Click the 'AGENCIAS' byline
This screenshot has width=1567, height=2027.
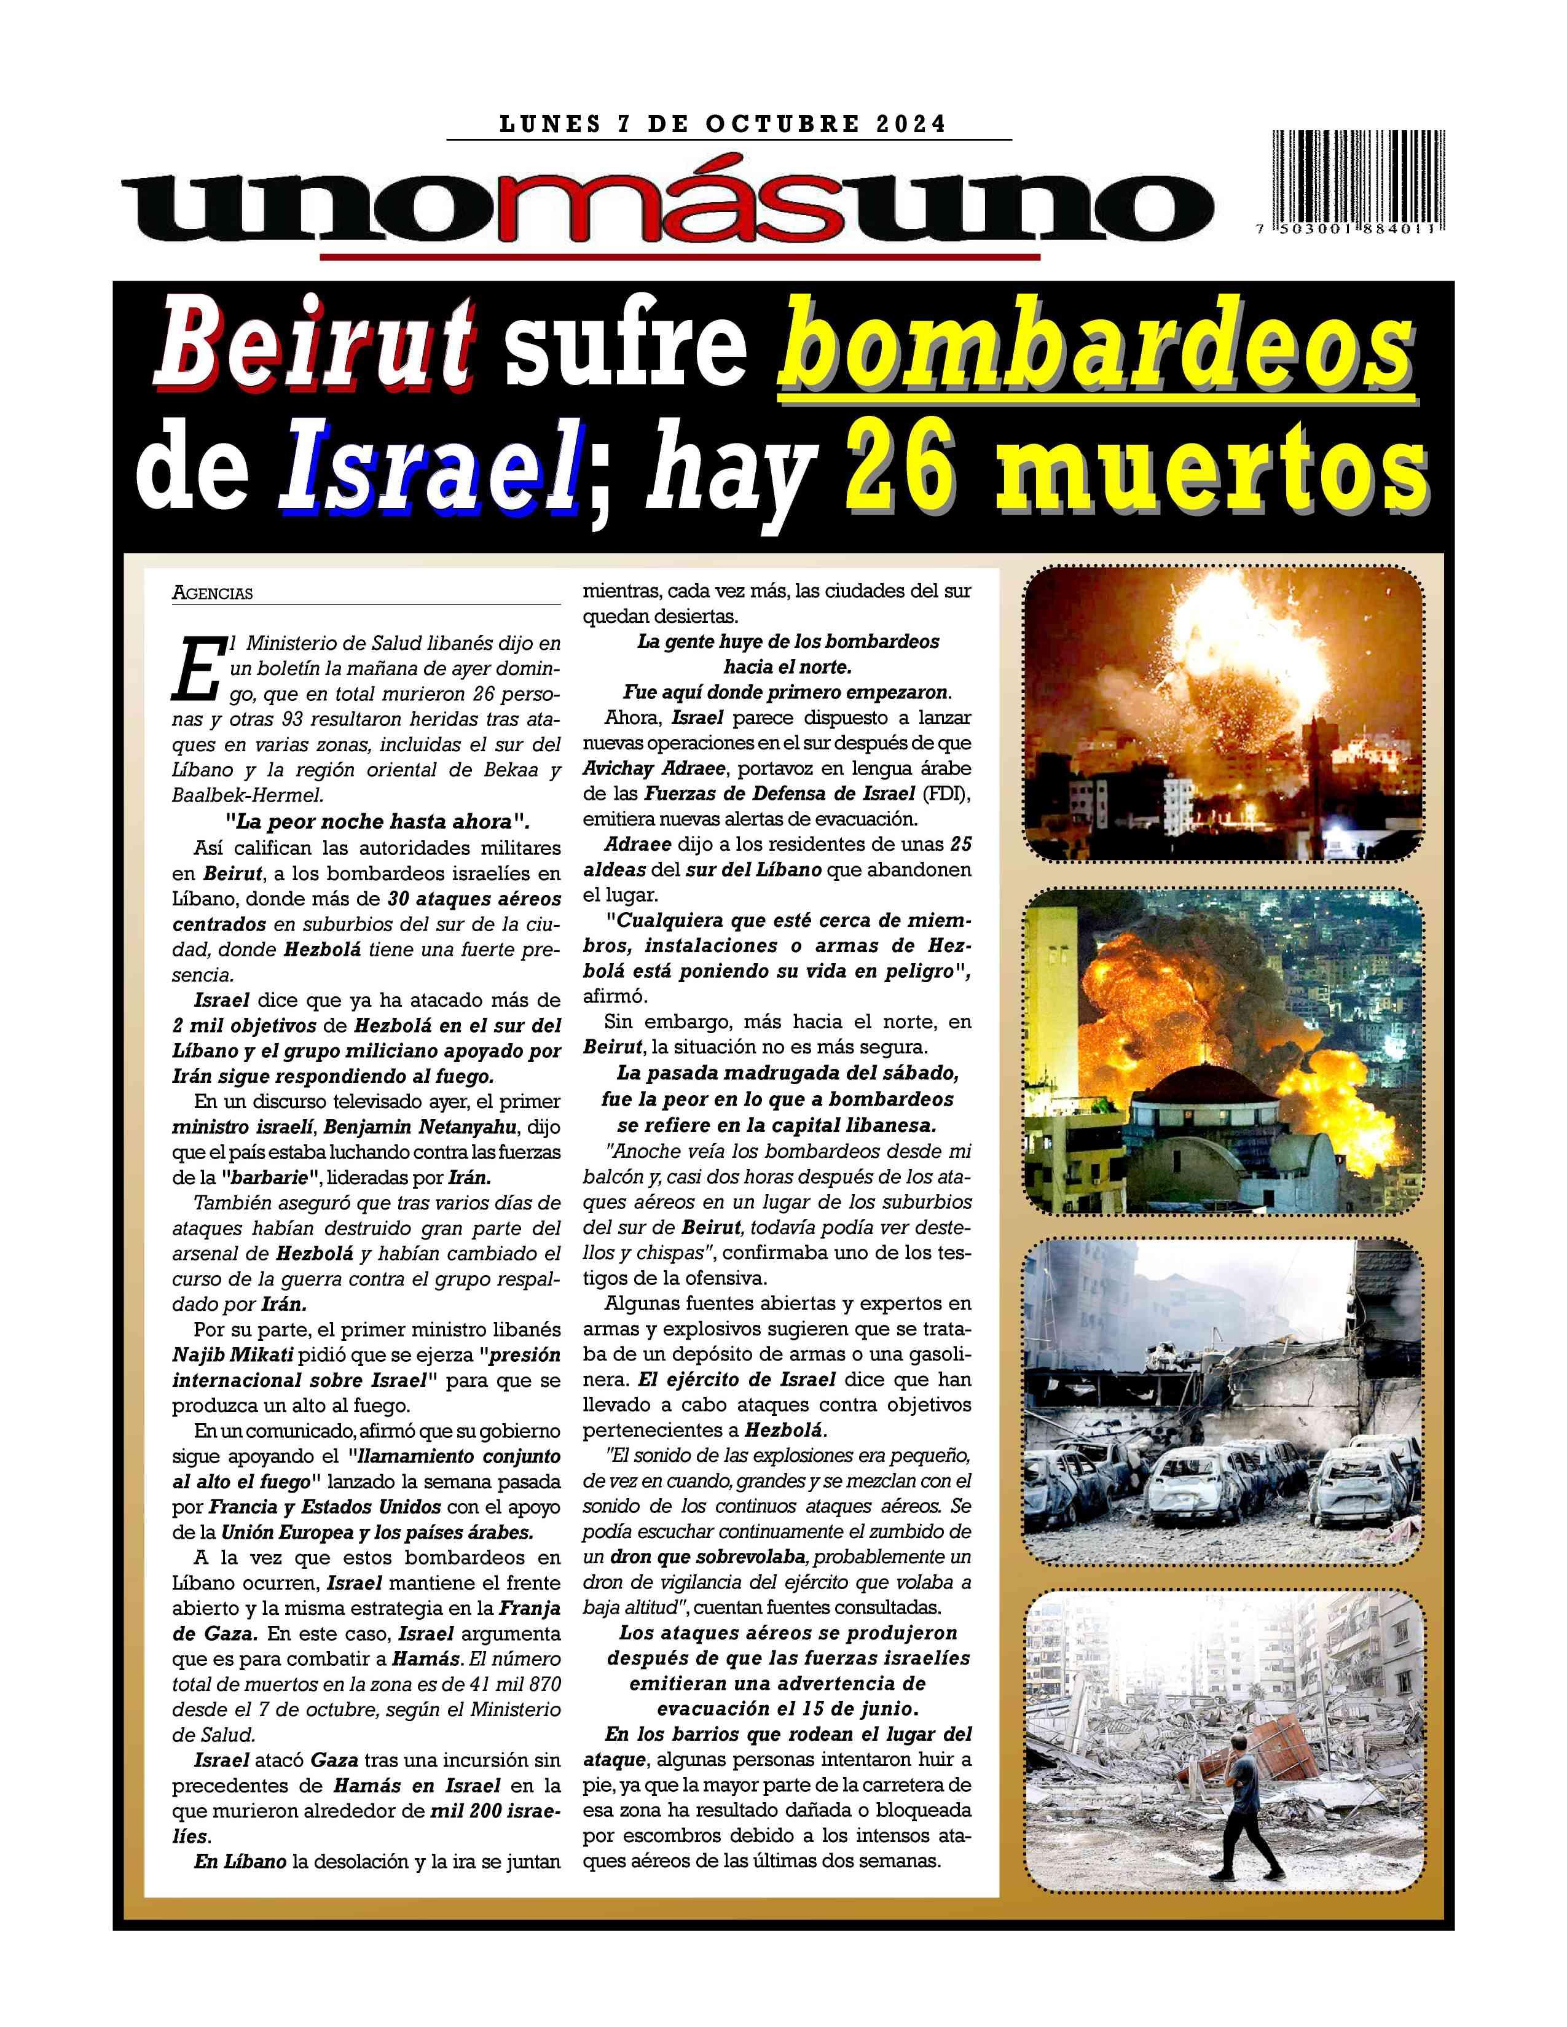[x=213, y=593]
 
